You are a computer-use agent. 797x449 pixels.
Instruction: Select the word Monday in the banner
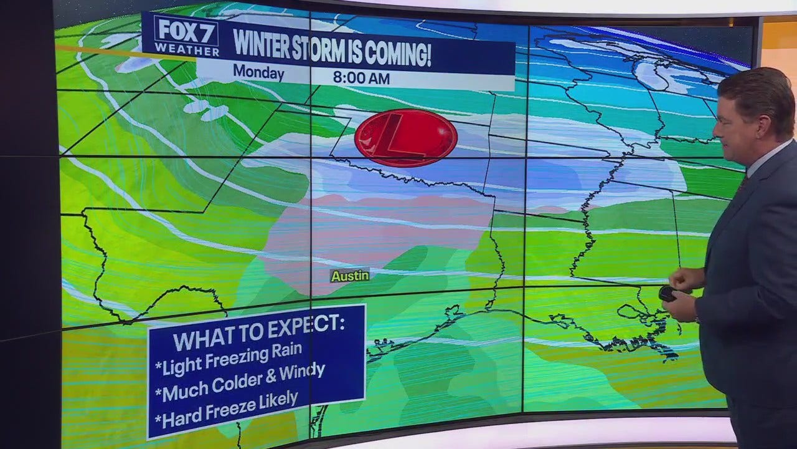(258, 72)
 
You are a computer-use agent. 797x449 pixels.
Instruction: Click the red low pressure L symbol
(405, 138)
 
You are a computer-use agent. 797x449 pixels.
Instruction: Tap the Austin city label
(350, 276)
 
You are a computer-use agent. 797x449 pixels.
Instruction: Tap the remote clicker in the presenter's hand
(667, 293)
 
